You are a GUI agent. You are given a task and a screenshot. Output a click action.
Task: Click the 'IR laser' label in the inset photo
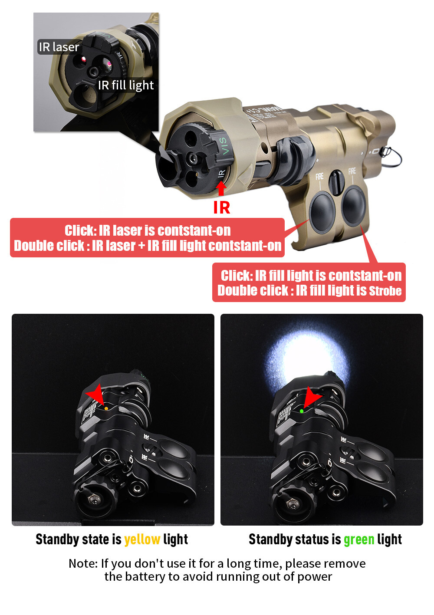point(59,47)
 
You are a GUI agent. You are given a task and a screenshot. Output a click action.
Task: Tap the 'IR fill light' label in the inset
point(126,85)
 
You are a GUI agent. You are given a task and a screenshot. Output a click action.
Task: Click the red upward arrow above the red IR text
point(221,189)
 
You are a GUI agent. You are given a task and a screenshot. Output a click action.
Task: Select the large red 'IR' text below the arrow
point(221,208)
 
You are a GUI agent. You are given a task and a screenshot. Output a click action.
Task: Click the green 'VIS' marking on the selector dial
point(223,145)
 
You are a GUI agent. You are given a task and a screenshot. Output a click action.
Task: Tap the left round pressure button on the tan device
point(322,209)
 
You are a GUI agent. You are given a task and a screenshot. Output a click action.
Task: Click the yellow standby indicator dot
point(106,409)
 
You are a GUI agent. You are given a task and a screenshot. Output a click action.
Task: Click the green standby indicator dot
point(302,411)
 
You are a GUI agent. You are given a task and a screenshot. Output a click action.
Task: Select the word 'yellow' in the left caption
point(142,539)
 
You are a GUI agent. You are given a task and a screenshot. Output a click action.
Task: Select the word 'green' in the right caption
point(359,539)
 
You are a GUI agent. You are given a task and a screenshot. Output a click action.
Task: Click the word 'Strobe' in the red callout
point(385,291)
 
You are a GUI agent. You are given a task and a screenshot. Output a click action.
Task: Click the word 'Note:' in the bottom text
point(83,563)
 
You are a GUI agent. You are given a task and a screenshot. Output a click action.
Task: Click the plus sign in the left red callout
point(141,246)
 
